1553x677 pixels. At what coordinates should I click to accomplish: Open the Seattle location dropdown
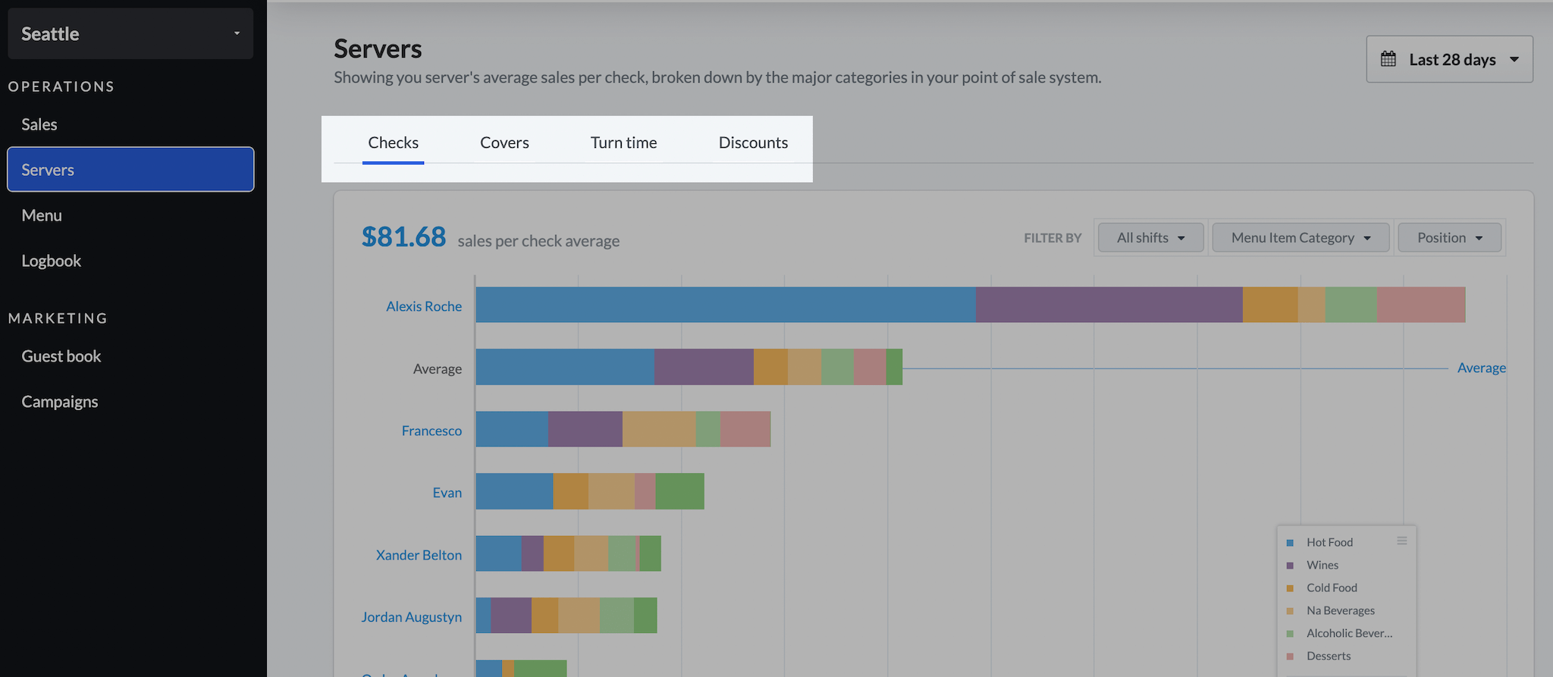point(130,34)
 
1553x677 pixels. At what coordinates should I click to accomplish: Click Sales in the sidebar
point(39,124)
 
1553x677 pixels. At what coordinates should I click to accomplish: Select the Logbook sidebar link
point(51,261)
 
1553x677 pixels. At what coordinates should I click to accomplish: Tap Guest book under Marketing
point(61,356)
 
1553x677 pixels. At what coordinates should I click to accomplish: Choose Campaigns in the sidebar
point(59,402)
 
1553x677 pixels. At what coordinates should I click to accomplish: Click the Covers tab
point(504,143)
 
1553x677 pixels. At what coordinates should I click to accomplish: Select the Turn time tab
point(623,143)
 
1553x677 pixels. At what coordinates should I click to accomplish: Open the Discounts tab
point(753,143)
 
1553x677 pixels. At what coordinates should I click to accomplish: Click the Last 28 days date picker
point(1449,59)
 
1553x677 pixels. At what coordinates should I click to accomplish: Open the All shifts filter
point(1150,238)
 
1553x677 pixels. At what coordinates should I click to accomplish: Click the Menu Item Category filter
point(1300,238)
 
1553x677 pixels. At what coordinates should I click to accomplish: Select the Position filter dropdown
point(1449,238)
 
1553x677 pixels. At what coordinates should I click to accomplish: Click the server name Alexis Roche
point(423,306)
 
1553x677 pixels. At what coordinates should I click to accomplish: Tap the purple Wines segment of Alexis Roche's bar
point(1109,305)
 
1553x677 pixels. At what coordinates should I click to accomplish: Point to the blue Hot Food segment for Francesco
point(512,429)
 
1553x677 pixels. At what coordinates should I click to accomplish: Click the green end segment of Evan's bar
point(679,491)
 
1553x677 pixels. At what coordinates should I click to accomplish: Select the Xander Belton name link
point(419,555)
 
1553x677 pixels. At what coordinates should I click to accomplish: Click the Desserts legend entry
point(1328,656)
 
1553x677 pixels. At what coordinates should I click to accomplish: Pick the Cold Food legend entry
point(1331,588)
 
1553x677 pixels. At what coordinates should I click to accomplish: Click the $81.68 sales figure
point(403,237)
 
